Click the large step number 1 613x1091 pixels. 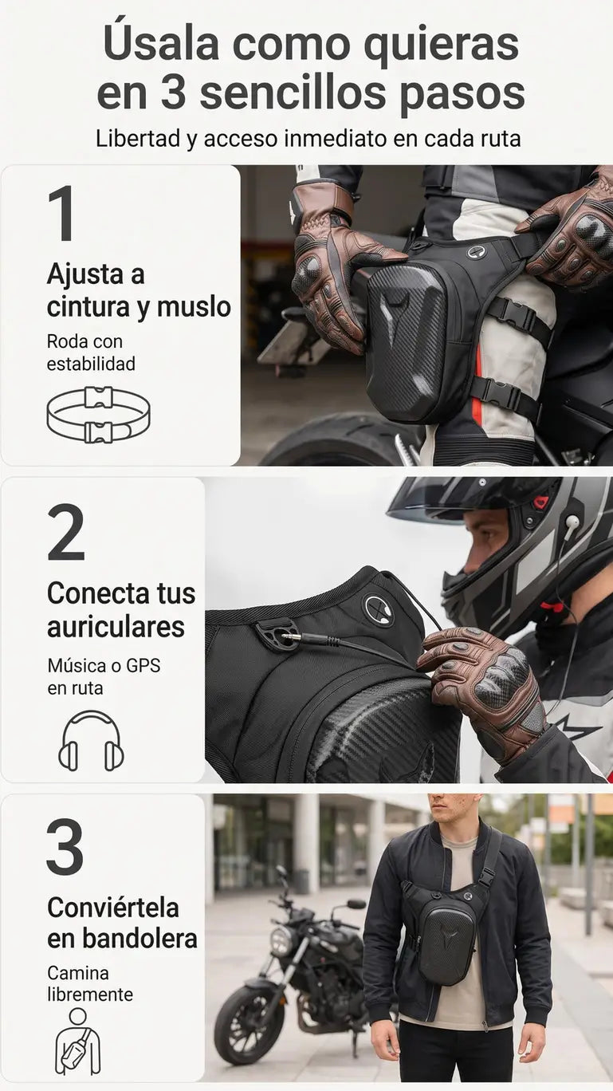point(62,213)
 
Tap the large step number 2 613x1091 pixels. point(66,532)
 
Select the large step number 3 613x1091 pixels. point(65,847)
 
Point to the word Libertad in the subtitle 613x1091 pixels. point(138,138)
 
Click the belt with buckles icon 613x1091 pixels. point(98,415)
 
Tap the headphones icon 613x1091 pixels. point(91,742)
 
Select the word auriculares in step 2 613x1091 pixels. point(116,627)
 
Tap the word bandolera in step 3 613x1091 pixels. point(139,939)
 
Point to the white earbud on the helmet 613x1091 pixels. point(572,522)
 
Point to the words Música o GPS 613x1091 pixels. point(104,666)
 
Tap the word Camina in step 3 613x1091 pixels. point(78,973)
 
